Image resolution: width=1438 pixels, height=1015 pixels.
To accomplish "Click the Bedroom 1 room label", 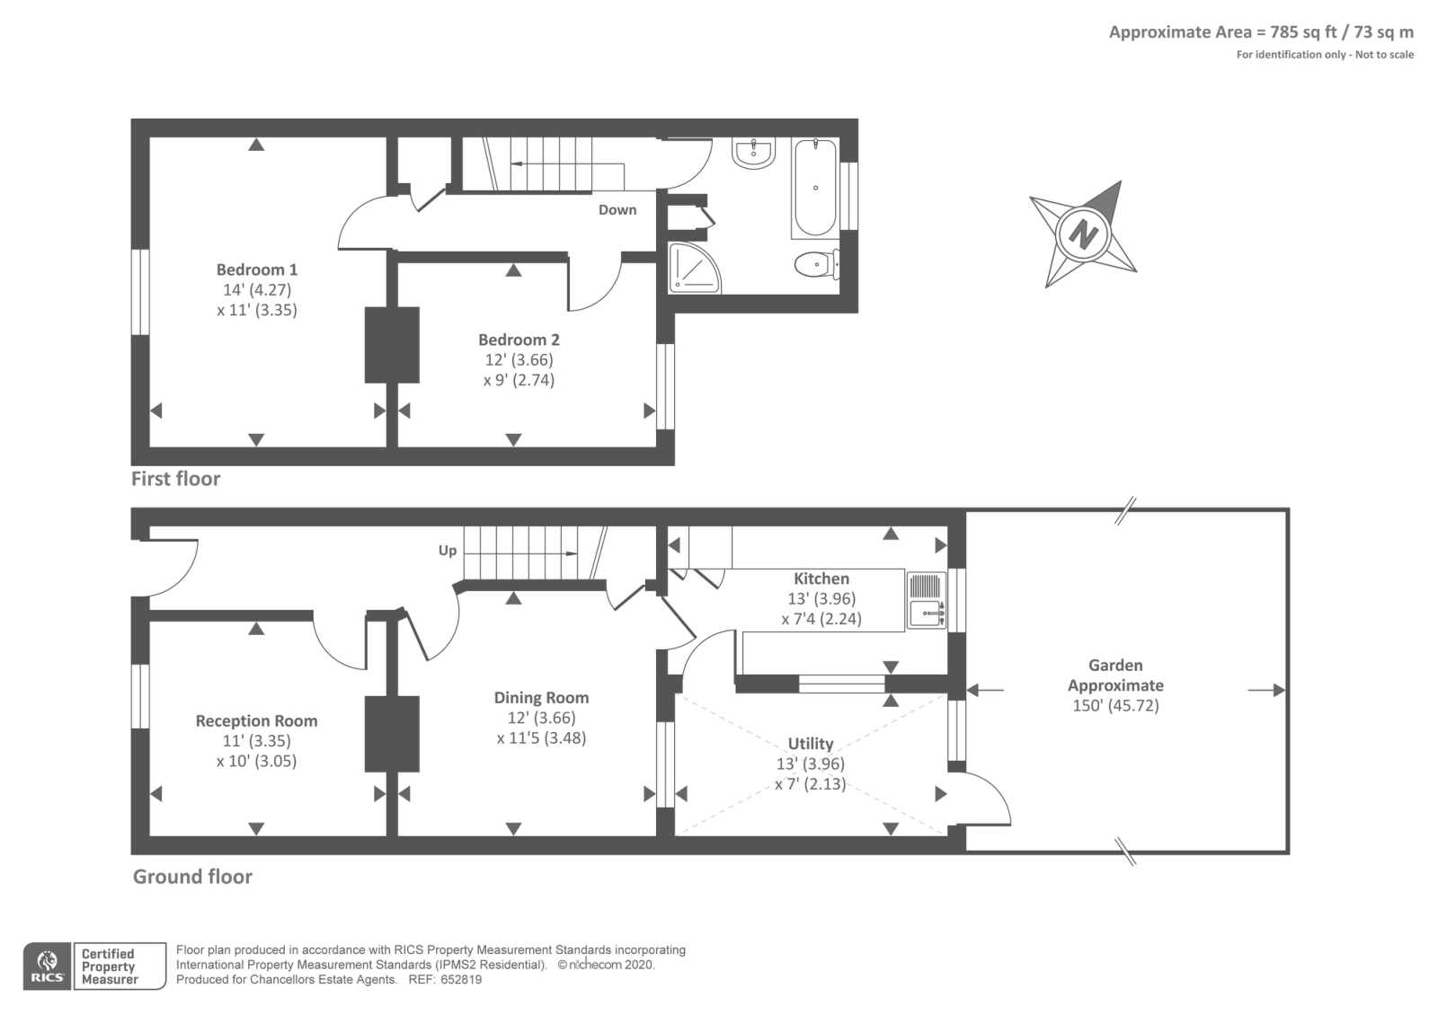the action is tap(257, 269).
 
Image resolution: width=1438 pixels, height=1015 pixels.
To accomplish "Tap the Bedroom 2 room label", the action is tap(519, 340).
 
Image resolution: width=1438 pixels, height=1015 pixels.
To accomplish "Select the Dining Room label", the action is tap(541, 697).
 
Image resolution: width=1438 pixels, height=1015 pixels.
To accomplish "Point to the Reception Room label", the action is tap(257, 721).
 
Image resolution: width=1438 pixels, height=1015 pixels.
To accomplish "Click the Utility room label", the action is tap(811, 744).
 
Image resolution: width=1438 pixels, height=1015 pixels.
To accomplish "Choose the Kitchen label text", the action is tap(821, 578).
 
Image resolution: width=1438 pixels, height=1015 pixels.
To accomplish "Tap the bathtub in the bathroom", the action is tap(815, 188).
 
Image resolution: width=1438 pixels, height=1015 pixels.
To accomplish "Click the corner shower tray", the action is tap(693, 268).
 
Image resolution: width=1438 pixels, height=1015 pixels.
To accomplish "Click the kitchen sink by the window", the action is tap(927, 600).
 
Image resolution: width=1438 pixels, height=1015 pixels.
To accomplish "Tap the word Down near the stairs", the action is tap(617, 210).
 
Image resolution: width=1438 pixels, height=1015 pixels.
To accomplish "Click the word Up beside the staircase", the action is tap(448, 551).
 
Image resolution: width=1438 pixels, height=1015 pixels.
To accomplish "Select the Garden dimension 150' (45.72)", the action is tap(1115, 706).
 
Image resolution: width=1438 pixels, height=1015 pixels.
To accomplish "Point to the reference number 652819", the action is tap(461, 980).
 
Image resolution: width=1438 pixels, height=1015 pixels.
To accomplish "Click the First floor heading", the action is tap(176, 479).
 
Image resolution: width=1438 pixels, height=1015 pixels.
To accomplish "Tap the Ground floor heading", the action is tap(192, 877).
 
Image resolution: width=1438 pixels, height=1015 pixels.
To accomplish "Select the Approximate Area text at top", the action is tap(1261, 32).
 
